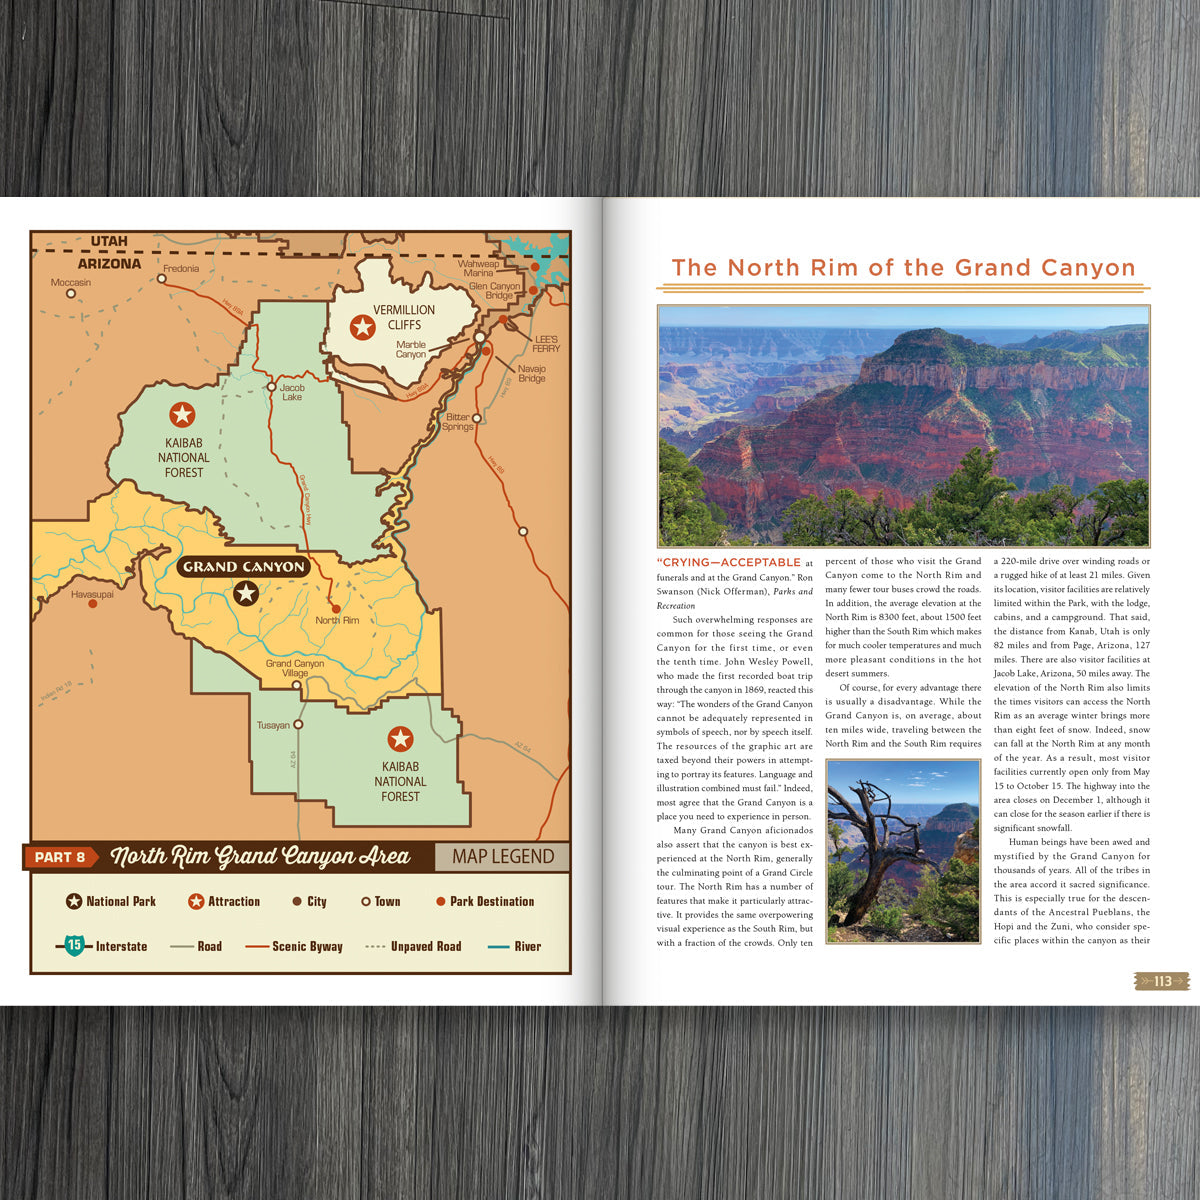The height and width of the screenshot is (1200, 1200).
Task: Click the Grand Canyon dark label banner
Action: pos(244,566)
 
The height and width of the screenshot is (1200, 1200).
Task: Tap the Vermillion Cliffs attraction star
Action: pos(362,326)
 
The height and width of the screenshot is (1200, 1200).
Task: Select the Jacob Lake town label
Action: pos(291,392)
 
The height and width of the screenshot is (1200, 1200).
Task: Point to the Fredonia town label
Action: pos(181,268)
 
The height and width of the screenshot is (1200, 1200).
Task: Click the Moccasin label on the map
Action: pos(71,282)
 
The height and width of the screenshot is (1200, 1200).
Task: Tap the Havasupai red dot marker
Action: pos(93,604)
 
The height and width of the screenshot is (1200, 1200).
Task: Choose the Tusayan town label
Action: pos(272,725)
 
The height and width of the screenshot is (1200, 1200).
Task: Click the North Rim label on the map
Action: pos(337,620)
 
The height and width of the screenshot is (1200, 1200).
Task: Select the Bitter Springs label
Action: pos(458,422)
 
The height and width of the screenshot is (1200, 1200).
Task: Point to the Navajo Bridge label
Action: pos(532,373)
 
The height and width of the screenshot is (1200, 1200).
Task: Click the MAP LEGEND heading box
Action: pos(502,857)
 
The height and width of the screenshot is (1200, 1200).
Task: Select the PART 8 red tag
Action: pos(60,857)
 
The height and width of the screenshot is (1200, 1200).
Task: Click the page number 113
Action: pos(1162,981)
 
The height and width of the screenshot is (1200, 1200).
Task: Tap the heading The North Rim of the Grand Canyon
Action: pos(903,268)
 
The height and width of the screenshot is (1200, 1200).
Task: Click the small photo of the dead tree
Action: pos(902,850)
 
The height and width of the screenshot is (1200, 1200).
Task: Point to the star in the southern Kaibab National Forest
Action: pos(400,739)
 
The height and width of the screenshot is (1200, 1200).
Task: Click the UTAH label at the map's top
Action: pos(109,241)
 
